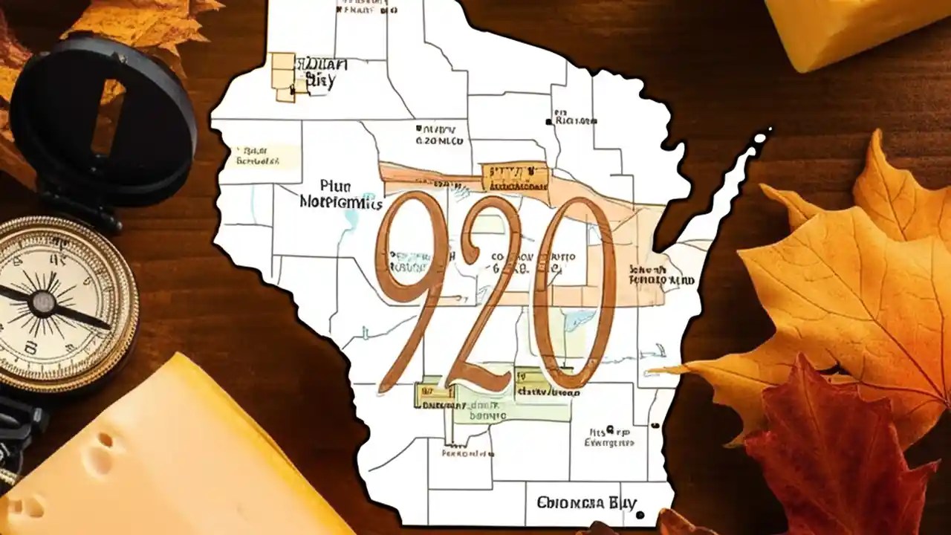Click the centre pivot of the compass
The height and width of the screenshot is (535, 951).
pyautogui.click(x=43, y=301)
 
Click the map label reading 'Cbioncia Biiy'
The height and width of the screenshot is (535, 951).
pyautogui.click(x=586, y=502)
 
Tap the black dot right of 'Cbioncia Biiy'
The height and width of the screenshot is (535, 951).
pyautogui.click(x=640, y=514)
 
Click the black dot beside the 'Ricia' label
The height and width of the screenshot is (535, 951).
pyautogui.click(x=549, y=121)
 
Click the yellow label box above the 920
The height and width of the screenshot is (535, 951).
pyautogui.click(x=515, y=178)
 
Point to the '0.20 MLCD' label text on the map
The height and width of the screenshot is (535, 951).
pyautogui.click(x=439, y=140)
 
